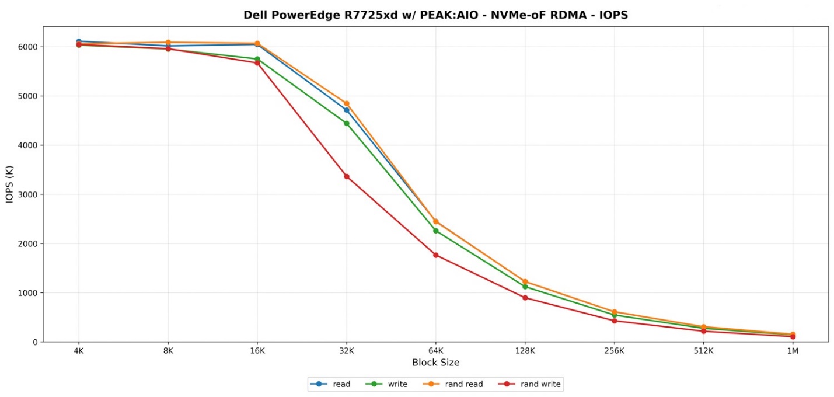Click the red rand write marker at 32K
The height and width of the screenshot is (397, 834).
coord(347,176)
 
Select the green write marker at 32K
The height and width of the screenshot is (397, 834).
coord(347,123)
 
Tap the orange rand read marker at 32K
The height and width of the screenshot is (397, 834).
coord(347,103)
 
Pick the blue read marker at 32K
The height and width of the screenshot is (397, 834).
coord(347,110)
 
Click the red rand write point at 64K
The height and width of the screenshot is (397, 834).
coord(436,255)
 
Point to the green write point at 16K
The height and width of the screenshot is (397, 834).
coord(257,59)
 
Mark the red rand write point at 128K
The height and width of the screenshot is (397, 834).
coord(525,298)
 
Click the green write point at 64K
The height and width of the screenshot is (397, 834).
coord(436,231)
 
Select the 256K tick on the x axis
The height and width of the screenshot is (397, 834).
coord(615,351)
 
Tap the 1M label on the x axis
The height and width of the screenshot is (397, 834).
coord(793,351)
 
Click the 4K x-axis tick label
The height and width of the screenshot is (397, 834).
coord(79,351)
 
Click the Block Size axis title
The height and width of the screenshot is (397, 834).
coord(435,363)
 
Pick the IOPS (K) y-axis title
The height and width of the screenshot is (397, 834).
coord(10,184)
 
